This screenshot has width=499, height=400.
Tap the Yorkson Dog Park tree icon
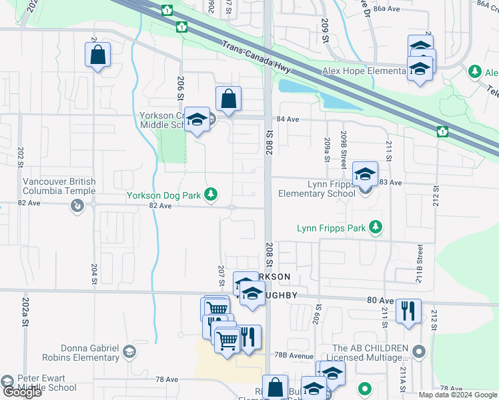click(211, 194)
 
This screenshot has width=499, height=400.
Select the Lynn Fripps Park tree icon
click(376, 227)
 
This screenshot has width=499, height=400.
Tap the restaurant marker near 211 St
click(408, 311)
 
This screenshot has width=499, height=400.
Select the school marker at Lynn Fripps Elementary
click(365, 174)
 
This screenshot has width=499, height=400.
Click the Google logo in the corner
click(22, 391)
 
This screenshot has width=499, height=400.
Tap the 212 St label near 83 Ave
click(436, 197)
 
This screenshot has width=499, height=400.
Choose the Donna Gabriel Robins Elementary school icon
click(129, 351)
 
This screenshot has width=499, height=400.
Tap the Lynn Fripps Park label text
click(332, 228)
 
